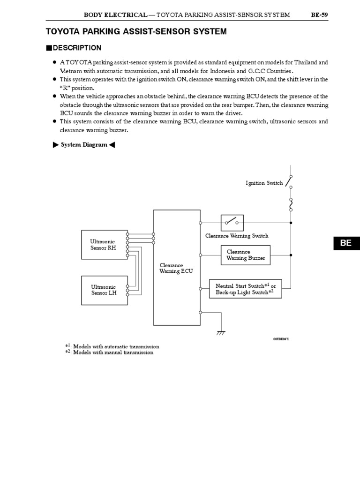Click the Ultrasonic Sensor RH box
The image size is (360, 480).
coord(104,245)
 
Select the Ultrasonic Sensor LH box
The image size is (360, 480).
coord(104,290)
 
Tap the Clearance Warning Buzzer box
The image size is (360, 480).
coord(246,255)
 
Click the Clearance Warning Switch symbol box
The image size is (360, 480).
coord(232,222)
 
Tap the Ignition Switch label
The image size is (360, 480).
coord(264,183)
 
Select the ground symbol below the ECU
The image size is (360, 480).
coord(220,333)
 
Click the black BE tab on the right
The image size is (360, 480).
coord(346,243)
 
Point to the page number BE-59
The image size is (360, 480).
coord(319,15)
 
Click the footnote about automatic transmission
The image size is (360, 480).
coord(112,346)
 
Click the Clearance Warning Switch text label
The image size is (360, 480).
coord(237,236)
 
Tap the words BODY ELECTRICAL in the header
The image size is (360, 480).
coord(115,15)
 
